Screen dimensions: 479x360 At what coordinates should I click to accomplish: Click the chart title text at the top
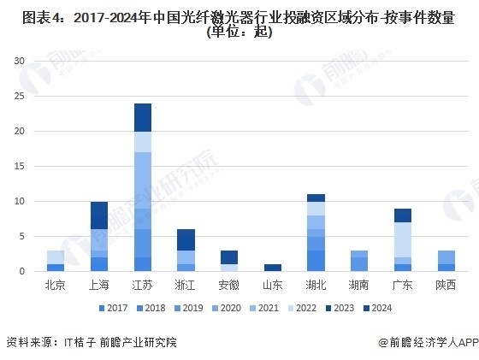click(239, 25)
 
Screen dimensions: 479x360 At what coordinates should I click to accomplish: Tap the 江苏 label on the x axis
click(142, 285)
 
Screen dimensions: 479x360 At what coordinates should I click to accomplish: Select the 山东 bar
click(273, 268)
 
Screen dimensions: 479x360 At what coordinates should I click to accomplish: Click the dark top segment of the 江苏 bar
click(143, 117)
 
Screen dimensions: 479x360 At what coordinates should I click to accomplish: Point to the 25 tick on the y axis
click(19, 96)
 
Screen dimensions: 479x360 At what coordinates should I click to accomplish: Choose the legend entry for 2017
click(113, 308)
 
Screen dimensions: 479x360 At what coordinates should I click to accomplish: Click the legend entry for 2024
click(377, 308)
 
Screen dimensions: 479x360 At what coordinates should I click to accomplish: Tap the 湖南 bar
click(359, 261)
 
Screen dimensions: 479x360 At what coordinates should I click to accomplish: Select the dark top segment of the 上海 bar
click(99, 215)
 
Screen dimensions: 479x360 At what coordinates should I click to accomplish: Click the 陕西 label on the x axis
click(446, 285)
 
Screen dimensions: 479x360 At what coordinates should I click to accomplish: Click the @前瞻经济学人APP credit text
click(429, 342)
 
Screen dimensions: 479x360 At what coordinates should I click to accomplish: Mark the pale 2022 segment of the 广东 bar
click(403, 240)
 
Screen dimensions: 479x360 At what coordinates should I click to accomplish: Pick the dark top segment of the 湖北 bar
click(316, 198)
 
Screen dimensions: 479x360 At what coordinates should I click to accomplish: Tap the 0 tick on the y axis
click(21, 271)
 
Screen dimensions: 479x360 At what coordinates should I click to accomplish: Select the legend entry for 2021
click(264, 308)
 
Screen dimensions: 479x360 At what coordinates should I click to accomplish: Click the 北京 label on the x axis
click(56, 285)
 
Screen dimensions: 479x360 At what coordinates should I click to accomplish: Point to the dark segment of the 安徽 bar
click(229, 257)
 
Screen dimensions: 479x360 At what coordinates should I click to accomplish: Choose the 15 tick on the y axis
click(19, 166)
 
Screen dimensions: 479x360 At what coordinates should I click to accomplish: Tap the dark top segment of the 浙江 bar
click(186, 240)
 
